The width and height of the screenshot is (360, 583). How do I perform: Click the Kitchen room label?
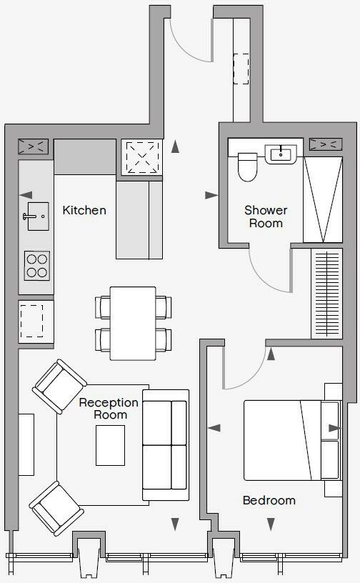[x=84, y=210]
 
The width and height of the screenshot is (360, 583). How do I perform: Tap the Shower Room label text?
[x=266, y=216]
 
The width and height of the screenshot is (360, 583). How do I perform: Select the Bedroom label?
[x=269, y=500]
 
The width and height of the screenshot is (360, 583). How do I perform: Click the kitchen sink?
[x=34, y=214]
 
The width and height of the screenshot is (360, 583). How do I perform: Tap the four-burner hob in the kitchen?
[x=37, y=265]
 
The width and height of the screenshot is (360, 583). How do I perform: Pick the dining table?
[x=133, y=323]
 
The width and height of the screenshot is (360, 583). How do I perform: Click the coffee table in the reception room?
[x=110, y=445]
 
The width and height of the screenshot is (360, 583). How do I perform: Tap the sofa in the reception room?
[x=166, y=444]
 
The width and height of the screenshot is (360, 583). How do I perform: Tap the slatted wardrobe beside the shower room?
[x=327, y=293]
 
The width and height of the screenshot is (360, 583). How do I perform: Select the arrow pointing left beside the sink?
[x=26, y=195]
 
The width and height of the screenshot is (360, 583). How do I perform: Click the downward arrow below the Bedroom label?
[x=270, y=524]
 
